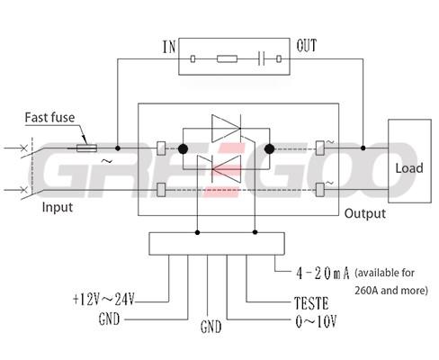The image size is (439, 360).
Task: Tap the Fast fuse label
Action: [x=49, y=117]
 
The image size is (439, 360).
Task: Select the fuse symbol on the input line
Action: [x=86, y=148]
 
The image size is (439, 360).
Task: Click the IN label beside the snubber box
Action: [x=169, y=47]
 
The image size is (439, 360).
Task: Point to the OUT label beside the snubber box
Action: [x=307, y=46]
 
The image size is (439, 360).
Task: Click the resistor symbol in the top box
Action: [x=227, y=58]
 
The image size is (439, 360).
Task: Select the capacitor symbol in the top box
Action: [x=261, y=58]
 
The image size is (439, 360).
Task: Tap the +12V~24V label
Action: [x=103, y=299]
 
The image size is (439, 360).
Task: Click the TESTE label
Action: [x=311, y=303]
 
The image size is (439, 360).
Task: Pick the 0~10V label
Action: [x=316, y=322]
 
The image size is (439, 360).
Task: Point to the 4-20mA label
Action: [x=323, y=274]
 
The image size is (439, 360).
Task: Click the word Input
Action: [x=58, y=207]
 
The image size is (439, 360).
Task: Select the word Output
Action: [x=365, y=213]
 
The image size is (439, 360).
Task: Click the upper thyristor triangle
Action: [x=226, y=129]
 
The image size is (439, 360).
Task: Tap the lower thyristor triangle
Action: [x=226, y=169]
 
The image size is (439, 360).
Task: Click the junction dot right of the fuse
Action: [x=118, y=148]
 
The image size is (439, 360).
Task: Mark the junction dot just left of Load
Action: [x=363, y=148]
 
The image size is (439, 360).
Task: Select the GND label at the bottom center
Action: [x=211, y=327]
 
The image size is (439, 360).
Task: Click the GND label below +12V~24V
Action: [x=109, y=319]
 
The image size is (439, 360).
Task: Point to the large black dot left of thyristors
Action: [x=183, y=148]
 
